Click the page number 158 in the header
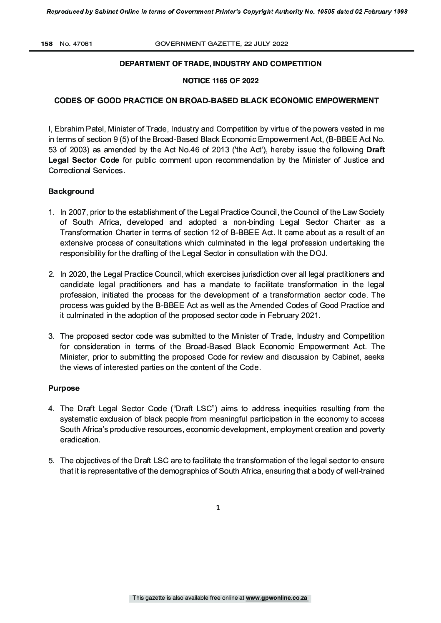click(x=46, y=44)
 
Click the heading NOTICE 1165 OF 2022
click(x=220, y=81)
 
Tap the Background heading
click(x=71, y=191)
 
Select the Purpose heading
click(x=64, y=388)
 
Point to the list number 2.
click(x=51, y=274)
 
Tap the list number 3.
click(x=51, y=336)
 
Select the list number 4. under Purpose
click(x=51, y=409)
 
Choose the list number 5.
click(x=51, y=461)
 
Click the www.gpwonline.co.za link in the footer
click(x=277, y=598)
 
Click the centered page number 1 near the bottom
click(x=218, y=508)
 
